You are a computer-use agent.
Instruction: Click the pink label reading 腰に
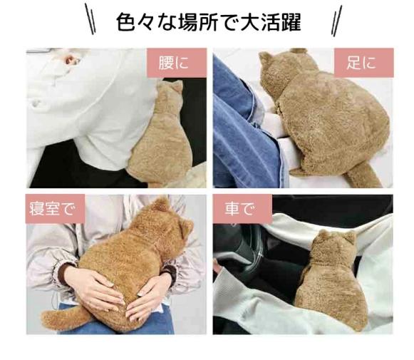pos(177,63)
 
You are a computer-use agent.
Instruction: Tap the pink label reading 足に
pos(364,63)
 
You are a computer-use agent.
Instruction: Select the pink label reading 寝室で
pos(55,209)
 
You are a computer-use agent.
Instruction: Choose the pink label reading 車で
pos(242,209)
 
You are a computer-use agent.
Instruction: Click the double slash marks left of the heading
pos(90,19)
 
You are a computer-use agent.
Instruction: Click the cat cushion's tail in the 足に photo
pos(361,175)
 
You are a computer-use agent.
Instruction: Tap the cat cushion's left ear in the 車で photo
pos(323,235)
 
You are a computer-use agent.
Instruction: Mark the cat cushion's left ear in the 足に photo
pos(266,58)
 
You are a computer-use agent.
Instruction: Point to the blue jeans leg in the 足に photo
pos(246,124)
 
